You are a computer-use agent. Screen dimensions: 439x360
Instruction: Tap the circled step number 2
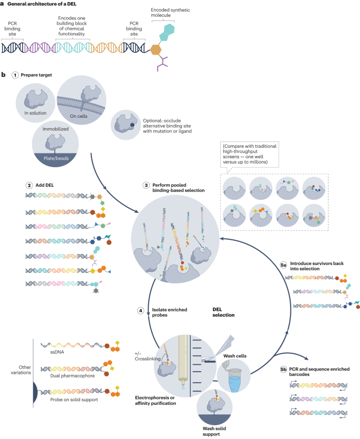(29, 185)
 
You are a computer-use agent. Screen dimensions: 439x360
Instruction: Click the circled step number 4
(141, 311)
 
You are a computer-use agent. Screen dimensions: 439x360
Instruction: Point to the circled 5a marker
(283, 267)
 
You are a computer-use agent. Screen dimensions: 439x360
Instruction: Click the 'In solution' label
(36, 112)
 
